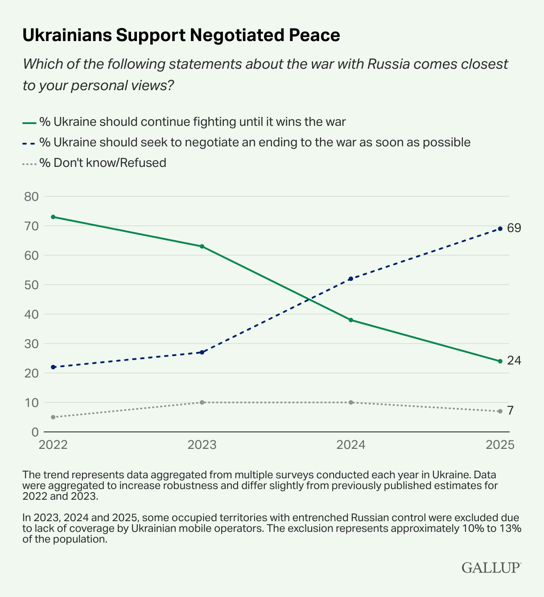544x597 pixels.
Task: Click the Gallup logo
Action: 491,568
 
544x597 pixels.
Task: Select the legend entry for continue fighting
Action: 192,122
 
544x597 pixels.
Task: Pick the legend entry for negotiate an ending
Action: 255,142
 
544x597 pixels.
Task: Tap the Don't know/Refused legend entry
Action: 103,163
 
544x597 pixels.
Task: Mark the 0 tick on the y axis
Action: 34,432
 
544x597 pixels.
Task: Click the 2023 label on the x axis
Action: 202,445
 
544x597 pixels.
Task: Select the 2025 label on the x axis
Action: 500,445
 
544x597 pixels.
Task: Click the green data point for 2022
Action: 53,217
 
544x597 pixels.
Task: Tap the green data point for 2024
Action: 351,320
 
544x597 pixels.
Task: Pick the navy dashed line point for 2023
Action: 202,352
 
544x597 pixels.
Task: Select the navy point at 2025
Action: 500,229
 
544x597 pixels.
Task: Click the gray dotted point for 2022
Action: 53,417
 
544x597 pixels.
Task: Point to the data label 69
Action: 514,228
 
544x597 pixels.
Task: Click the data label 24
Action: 514,361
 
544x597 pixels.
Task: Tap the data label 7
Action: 511,410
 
